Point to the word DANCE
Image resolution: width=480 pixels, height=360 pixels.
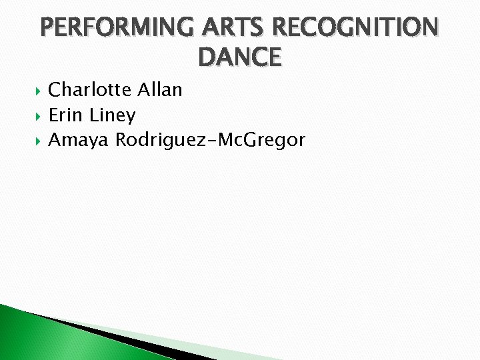tap(240, 57)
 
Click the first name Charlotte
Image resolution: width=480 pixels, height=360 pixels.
tap(91, 89)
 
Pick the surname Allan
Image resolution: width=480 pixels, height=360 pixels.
tap(160, 89)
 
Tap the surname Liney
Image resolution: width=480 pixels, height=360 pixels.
tap(112, 116)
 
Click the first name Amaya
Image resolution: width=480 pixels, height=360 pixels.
tap(79, 141)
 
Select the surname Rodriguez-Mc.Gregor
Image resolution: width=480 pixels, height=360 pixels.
tap(211, 141)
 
